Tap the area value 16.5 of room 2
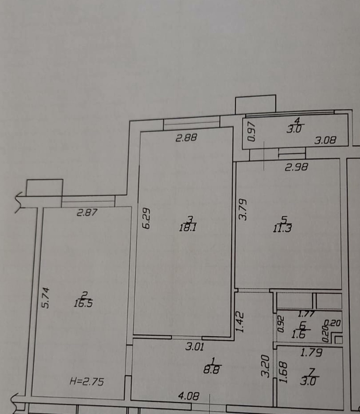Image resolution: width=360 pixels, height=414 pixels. coord(83,304)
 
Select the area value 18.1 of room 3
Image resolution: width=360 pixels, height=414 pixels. coord(188,228)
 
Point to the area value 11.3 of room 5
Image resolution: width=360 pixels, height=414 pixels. coord(282,228)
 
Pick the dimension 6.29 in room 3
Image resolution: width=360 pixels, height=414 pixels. coord(146,218)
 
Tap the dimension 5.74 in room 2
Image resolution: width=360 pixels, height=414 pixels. coord(45,298)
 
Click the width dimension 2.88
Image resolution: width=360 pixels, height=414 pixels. coord(186,138)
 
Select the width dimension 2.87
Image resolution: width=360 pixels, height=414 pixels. coord(87,212)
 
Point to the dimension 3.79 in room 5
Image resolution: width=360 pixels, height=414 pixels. coord(243,210)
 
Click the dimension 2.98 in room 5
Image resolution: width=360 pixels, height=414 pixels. coord(297,167)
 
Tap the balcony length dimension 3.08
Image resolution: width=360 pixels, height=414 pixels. coord(326,140)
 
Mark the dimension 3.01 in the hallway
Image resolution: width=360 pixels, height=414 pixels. coord(195,347)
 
